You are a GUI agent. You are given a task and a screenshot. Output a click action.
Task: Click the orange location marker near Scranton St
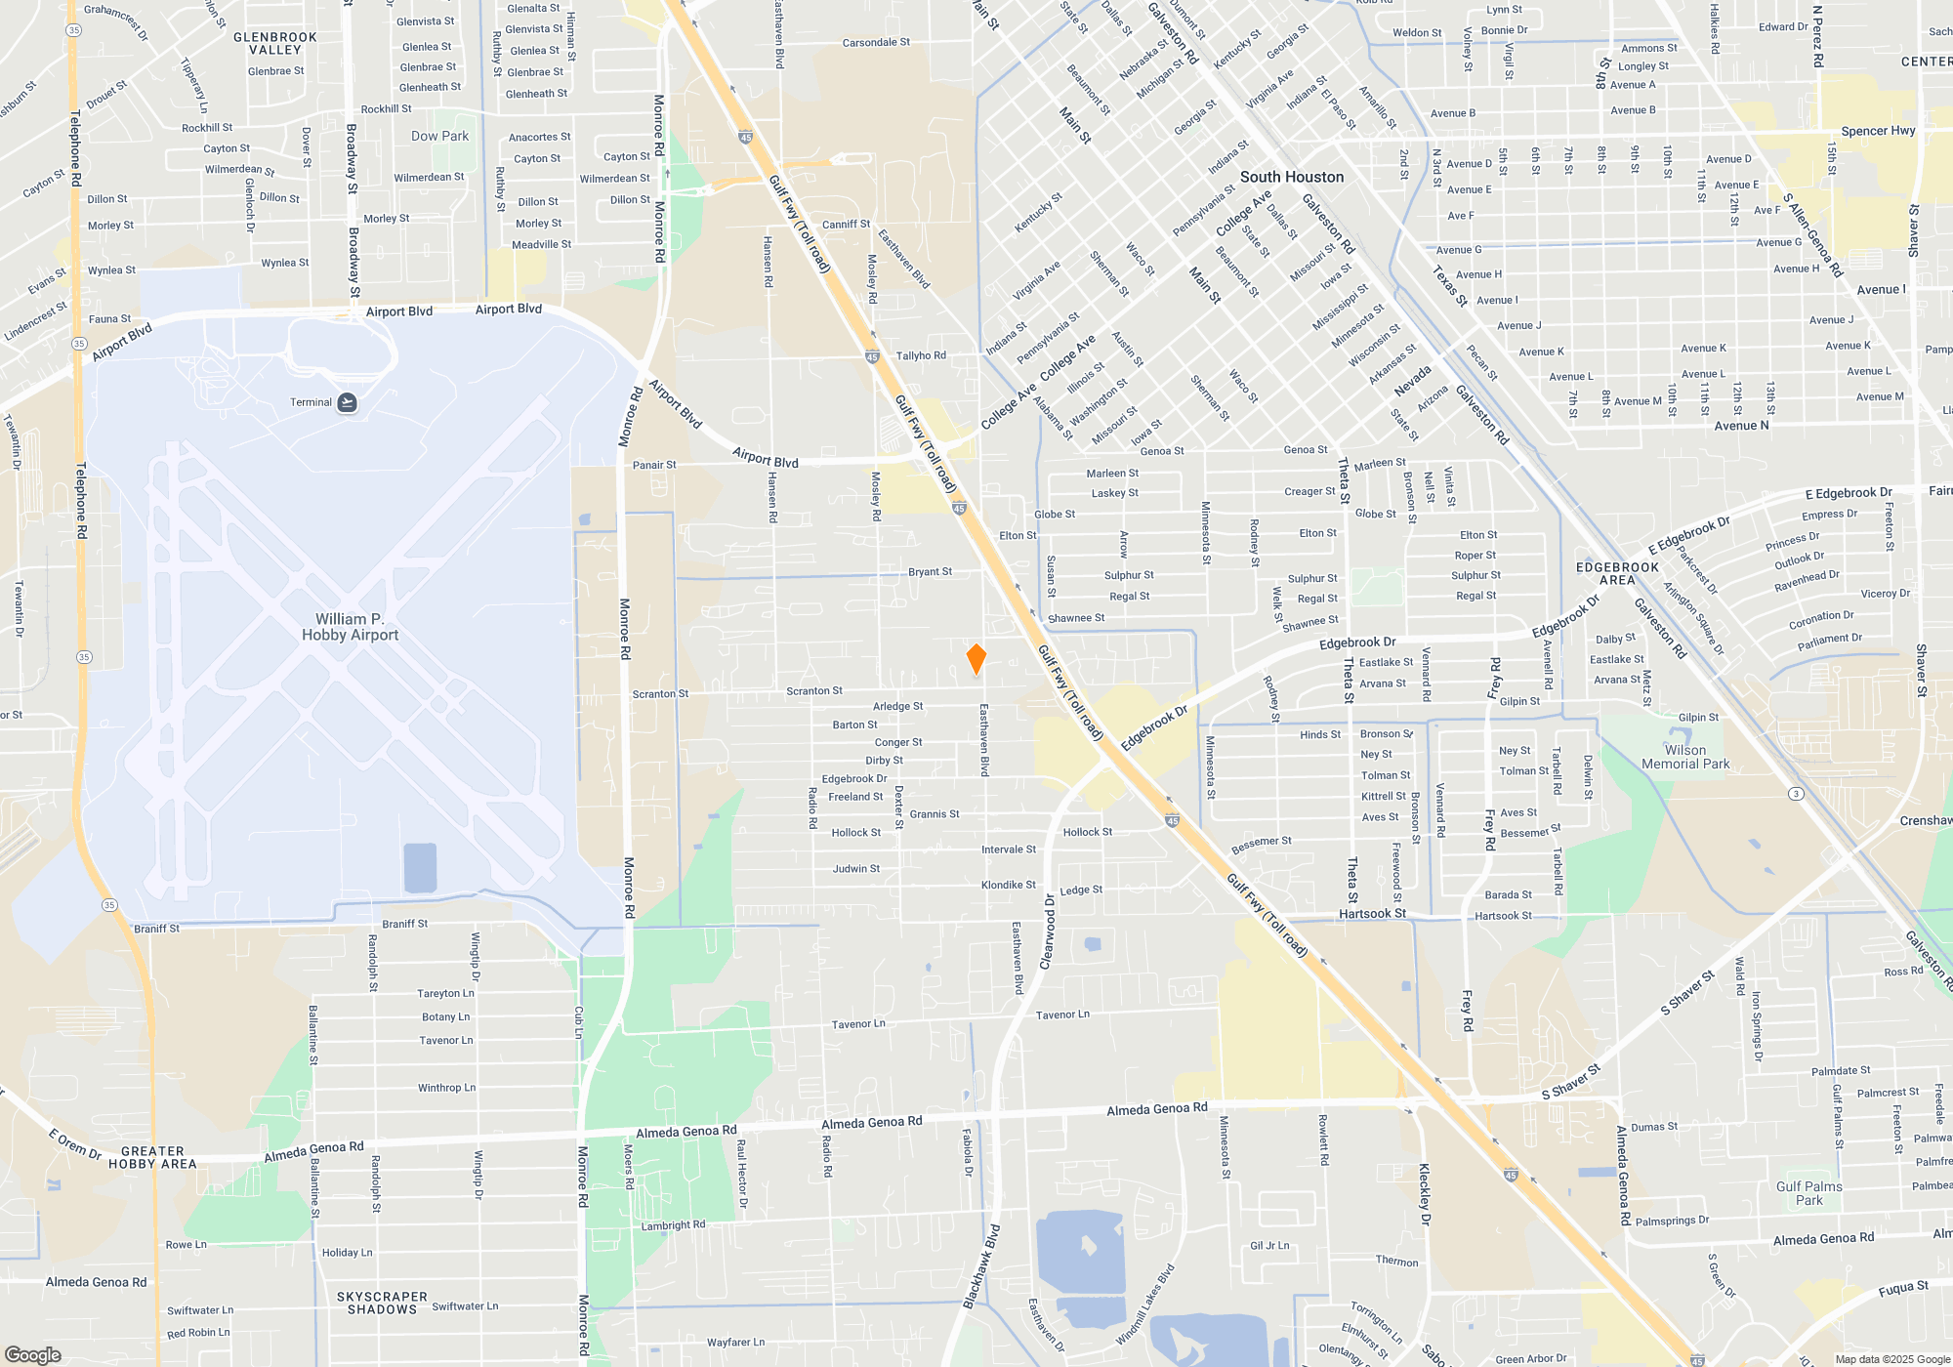976,659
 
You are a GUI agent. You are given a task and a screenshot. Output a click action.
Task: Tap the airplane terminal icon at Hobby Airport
347,402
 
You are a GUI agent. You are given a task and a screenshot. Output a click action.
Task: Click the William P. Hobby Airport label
350,627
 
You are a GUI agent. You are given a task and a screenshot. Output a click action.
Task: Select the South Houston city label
1292,177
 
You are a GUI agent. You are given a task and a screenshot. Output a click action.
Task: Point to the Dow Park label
439,136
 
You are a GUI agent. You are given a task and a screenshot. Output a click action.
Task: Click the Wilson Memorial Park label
1685,758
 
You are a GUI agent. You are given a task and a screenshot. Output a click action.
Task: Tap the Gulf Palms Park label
1808,1193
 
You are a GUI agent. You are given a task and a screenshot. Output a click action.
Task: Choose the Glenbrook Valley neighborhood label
275,44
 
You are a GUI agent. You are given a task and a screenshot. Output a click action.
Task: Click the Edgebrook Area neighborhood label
1617,573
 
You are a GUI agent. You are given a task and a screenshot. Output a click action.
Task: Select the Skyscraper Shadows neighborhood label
382,1303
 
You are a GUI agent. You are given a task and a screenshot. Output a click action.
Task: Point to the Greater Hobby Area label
152,1157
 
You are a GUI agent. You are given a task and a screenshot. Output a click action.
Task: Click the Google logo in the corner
32,1354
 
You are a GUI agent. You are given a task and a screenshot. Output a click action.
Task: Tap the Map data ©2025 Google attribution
1892,1359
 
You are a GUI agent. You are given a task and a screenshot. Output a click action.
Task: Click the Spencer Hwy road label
1878,131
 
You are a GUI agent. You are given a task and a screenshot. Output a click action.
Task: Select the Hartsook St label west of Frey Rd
1372,914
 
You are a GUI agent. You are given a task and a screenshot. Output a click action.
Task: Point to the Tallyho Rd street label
921,355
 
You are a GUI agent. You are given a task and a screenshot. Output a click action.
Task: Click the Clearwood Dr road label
1048,932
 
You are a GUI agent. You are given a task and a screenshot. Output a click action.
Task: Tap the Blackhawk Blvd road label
981,1266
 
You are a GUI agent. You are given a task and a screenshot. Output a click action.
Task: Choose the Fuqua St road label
1903,1289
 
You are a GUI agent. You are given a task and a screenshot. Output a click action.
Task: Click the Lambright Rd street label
673,1225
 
